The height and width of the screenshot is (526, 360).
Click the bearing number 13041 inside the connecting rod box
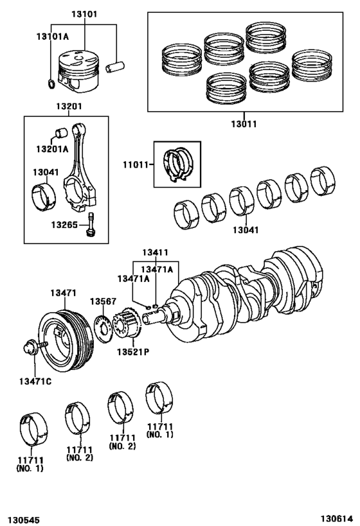tap(46, 171)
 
